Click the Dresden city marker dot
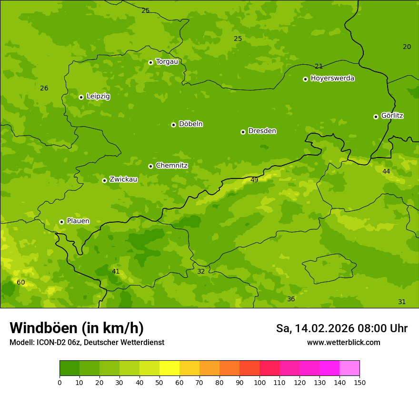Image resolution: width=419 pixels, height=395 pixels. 243,132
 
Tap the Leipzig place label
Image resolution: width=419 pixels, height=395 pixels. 98,96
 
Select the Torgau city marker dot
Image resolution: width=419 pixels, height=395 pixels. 150,62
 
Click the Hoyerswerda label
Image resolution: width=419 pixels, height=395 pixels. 332,78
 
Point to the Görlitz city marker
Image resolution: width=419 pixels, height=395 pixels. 376,117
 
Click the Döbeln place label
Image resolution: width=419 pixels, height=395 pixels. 190,124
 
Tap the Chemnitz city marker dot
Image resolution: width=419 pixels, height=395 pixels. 150,166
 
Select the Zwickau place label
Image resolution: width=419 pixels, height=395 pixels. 123,179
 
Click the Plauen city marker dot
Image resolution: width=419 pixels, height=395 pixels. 61,222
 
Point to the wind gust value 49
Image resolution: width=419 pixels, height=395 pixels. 254,180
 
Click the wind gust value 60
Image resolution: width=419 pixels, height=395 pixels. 21,282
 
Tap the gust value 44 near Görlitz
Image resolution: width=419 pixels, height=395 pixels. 386,171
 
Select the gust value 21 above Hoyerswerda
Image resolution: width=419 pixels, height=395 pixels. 319,66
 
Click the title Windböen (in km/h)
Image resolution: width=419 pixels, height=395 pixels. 77,328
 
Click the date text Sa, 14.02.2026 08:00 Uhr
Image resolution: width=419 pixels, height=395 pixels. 341,328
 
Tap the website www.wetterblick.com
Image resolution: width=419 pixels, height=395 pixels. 343,343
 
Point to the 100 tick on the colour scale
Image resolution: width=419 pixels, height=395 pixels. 259,382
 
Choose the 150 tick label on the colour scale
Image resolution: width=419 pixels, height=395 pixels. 359,382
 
